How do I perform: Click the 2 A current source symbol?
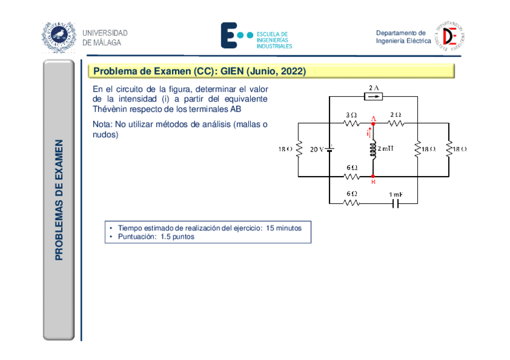click(x=373, y=96)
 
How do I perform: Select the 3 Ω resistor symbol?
click(x=351, y=123)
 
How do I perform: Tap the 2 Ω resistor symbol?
click(x=395, y=123)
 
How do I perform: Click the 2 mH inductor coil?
click(x=373, y=150)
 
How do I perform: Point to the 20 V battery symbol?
click(x=330, y=148)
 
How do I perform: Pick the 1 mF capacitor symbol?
click(x=395, y=203)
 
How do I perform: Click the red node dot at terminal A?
click(x=373, y=124)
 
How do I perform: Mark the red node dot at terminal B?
click(x=373, y=177)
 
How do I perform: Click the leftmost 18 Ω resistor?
click(x=299, y=149)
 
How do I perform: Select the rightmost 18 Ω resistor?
click(x=449, y=149)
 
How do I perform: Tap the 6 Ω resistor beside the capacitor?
click(x=351, y=203)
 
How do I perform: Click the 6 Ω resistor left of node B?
click(x=351, y=177)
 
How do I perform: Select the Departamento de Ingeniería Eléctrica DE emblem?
click(x=452, y=36)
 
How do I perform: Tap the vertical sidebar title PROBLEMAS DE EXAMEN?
click(x=59, y=200)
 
